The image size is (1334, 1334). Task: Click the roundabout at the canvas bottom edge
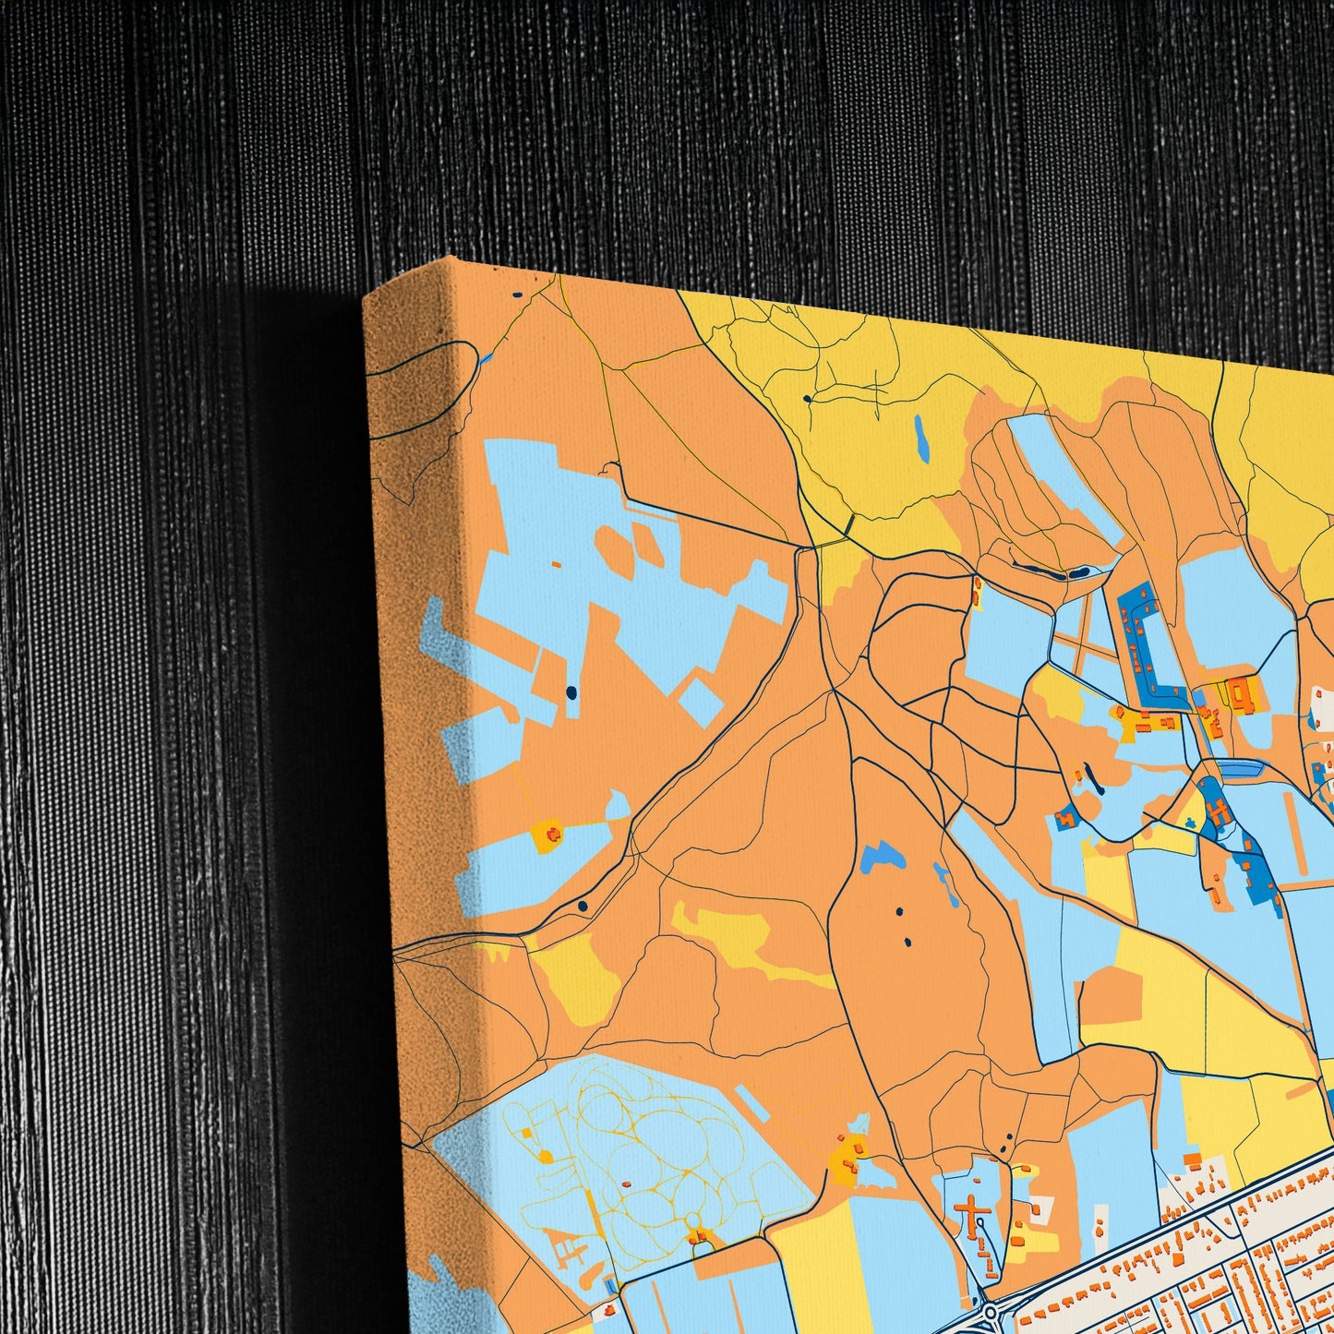(990, 1311)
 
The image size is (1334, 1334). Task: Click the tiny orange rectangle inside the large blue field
(557, 563)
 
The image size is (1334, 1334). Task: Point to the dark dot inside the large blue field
(571, 691)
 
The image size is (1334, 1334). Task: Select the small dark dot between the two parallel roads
(583, 907)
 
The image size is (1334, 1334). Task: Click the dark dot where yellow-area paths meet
(808, 399)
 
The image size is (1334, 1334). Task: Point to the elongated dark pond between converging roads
(1052, 572)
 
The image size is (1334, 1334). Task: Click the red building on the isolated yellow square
(553, 835)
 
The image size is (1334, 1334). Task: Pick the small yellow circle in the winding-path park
(547, 1157)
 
